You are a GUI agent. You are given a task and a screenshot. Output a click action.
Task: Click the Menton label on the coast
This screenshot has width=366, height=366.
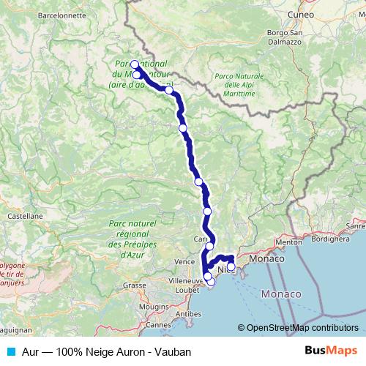click(289, 242)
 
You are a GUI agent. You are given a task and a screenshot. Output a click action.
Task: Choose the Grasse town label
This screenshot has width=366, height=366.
click(134, 285)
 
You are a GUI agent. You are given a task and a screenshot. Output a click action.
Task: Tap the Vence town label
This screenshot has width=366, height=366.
click(184, 261)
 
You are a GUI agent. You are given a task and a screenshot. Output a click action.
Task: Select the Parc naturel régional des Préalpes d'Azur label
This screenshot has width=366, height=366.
click(132, 239)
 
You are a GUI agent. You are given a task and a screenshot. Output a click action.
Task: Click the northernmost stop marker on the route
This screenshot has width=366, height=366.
click(135, 64)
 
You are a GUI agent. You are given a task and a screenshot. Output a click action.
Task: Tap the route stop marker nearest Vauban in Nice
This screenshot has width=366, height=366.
click(231, 267)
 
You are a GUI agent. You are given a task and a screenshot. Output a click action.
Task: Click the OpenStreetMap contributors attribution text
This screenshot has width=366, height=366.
click(302, 329)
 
